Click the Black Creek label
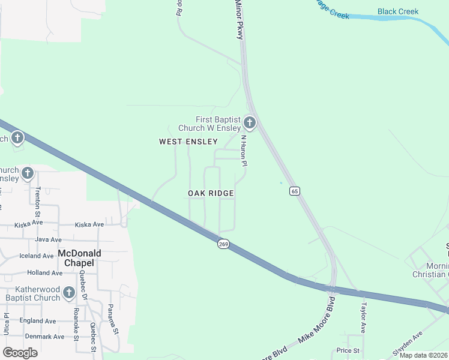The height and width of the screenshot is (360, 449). click(398, 11)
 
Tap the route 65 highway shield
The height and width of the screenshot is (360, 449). click(294, 191)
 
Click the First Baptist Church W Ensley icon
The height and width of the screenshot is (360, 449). click(250, 124)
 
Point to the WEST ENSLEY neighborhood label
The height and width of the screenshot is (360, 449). click(188, 142)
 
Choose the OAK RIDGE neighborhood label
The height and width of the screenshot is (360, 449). click(210, 193)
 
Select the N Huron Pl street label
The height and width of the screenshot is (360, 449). click(244, 151)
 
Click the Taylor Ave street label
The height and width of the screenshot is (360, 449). click(363, 317)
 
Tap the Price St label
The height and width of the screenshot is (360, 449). click(348, 350)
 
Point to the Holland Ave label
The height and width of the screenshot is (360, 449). click(44, 272)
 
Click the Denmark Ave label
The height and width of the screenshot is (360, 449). click(44, 337)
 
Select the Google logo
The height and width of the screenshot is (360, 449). click(20, 352)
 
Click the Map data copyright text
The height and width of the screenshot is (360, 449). click(423, 355)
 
